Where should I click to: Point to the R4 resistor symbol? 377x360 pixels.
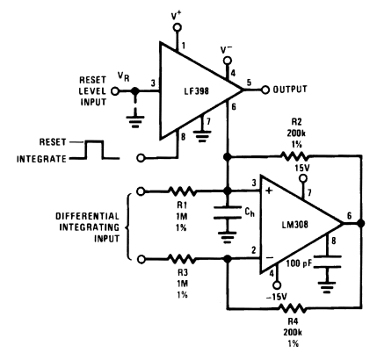pos(294,308)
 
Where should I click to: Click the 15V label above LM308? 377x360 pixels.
pos(301,169)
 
